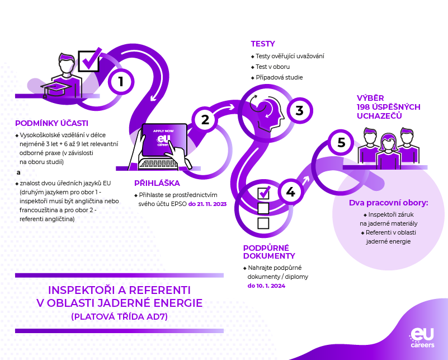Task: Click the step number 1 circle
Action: [120, 82]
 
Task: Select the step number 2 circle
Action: [205, 119]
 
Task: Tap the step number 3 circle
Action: [299, 110]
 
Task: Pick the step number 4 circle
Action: [290, 192]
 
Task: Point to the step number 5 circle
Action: [341, 143]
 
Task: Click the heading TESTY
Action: [262, 44]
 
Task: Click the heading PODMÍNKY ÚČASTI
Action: [51, 123]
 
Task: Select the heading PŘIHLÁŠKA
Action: [157, 183]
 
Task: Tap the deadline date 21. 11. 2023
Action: [208, 204]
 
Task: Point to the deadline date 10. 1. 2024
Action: [266, 286]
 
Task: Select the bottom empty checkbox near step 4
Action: [263, 223]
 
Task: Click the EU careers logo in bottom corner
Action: [422, 337]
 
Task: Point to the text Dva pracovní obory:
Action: [388, 203]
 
